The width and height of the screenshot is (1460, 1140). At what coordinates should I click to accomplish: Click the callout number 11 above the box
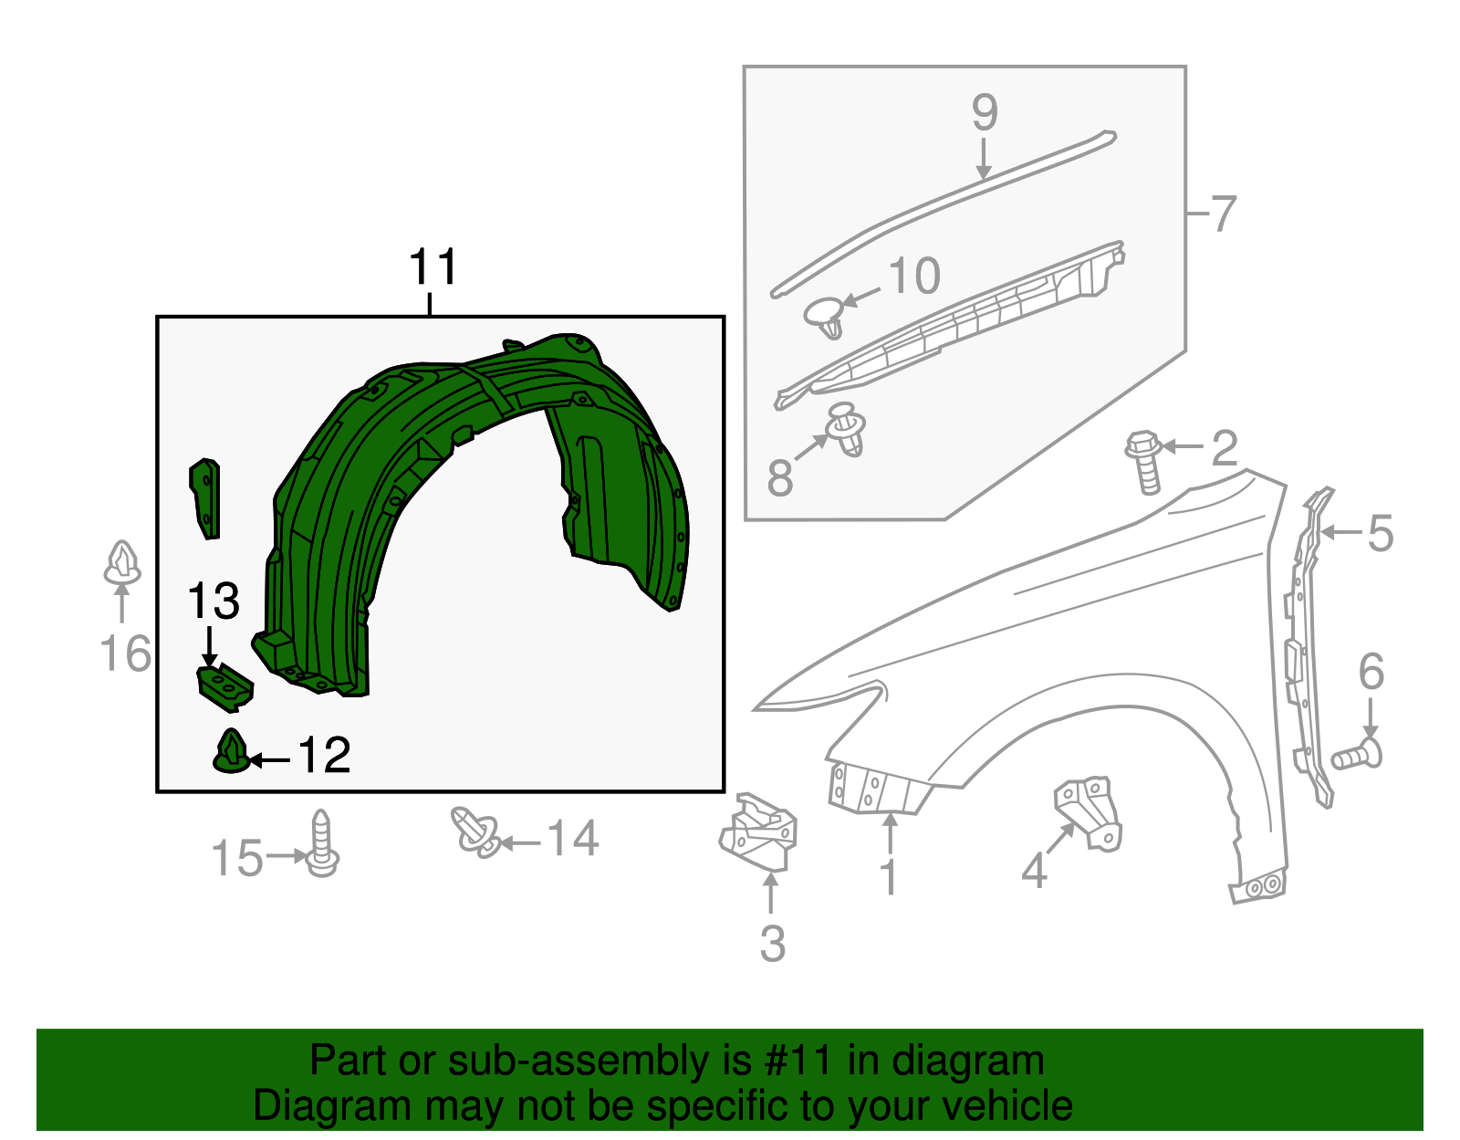tap(433, 268)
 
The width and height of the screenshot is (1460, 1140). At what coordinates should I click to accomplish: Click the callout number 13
tap(214, 602)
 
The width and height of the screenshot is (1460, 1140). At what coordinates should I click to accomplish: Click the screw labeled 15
tap(321, 844)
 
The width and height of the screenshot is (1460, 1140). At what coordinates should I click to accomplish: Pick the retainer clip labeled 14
tap(476, 832)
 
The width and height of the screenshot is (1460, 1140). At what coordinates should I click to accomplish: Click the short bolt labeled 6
tap(1358, 756)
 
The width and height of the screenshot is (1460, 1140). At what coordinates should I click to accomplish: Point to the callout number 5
tap(1381, 534)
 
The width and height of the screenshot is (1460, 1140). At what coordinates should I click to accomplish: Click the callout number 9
tap(985, 113)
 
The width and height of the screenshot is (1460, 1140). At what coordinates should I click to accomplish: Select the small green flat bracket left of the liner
tap(206, 497)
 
